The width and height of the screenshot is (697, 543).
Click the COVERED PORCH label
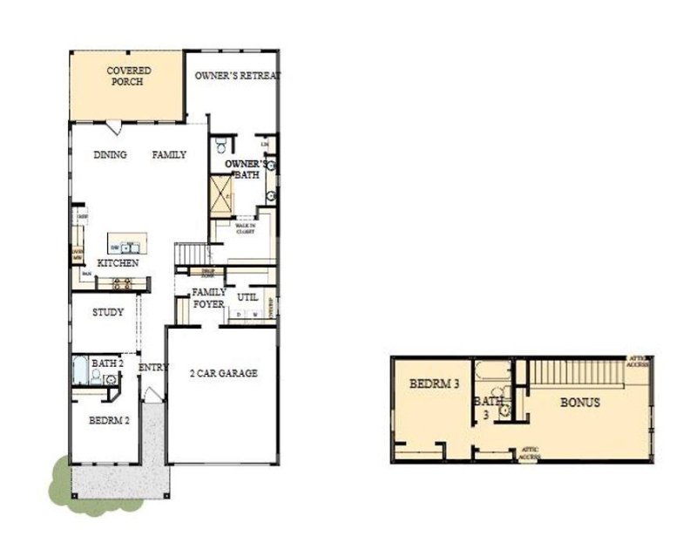(128, 76)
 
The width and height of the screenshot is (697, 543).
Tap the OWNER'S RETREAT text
(237, 76)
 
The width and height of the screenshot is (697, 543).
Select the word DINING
(110, 155)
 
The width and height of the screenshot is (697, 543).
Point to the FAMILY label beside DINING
(170, 155)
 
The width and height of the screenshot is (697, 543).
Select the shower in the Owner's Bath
(221, 194)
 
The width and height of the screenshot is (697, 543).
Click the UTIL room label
(247, 297)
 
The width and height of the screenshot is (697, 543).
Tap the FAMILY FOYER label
(209, 298)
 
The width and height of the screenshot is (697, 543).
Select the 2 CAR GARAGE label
(224, 374)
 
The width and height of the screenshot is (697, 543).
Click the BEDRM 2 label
(110, 419)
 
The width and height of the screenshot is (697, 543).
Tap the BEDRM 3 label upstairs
(434, 383)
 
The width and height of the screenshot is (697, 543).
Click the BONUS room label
(579, 403)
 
